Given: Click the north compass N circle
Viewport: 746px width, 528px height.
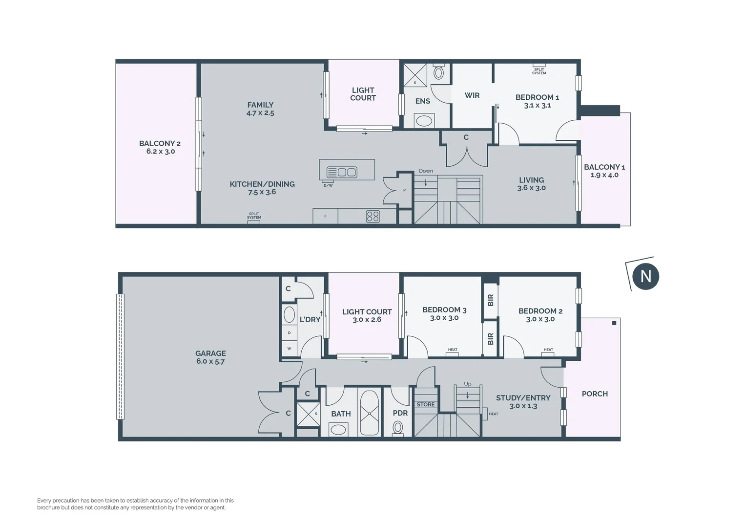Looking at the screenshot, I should point(645,276).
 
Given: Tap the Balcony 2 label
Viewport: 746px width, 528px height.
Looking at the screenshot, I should point(160,143).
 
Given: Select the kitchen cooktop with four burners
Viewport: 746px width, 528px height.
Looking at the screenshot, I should point(373,216).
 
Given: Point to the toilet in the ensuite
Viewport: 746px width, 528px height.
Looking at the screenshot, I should point(438,72).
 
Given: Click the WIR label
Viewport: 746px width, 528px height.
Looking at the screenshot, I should point(472,95).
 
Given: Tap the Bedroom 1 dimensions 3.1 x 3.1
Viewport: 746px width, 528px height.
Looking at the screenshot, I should point(537,105).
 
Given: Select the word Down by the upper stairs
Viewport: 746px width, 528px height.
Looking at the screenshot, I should point(426,171).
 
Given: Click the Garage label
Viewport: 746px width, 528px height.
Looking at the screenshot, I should point(210,353).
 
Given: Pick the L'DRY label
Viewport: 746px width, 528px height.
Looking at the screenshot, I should point(310,319).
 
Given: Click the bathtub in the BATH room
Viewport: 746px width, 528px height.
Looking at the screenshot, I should point(369,413).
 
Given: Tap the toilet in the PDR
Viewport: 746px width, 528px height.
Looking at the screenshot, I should point(398,428).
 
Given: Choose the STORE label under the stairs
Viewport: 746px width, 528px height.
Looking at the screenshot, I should point(425,404).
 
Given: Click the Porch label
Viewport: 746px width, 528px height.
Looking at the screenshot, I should point(595,394).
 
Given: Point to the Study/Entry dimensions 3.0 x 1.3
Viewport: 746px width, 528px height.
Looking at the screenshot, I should point(523,406).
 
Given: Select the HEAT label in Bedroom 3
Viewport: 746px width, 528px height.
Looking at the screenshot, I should point(453,350).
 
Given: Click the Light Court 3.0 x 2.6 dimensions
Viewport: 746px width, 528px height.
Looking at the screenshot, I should point(367,320).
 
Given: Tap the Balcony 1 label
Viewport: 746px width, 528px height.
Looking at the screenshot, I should point(604,167).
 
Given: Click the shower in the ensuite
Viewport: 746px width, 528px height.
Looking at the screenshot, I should point(415,75).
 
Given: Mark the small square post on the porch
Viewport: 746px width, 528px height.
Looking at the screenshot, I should point(614,323).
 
